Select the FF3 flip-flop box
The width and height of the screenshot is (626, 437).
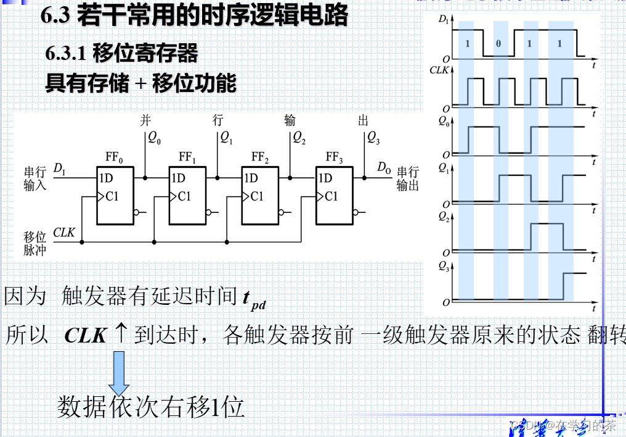[x=334, y=196]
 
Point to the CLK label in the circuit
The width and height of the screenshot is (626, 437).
[x=63, y=233]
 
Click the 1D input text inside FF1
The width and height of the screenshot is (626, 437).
[x=179, y=178]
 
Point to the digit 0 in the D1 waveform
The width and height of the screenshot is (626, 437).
[x=498, y=44]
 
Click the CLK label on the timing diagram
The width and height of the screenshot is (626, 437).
[x=439, y=70]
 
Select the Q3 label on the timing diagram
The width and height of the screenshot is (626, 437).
[x=444, y=266]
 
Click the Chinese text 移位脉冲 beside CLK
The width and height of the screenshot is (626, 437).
[x=35, y=243]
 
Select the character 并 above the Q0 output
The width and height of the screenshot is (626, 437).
[x=145, y=120]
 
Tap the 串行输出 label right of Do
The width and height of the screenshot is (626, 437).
[x=407, y=178]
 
